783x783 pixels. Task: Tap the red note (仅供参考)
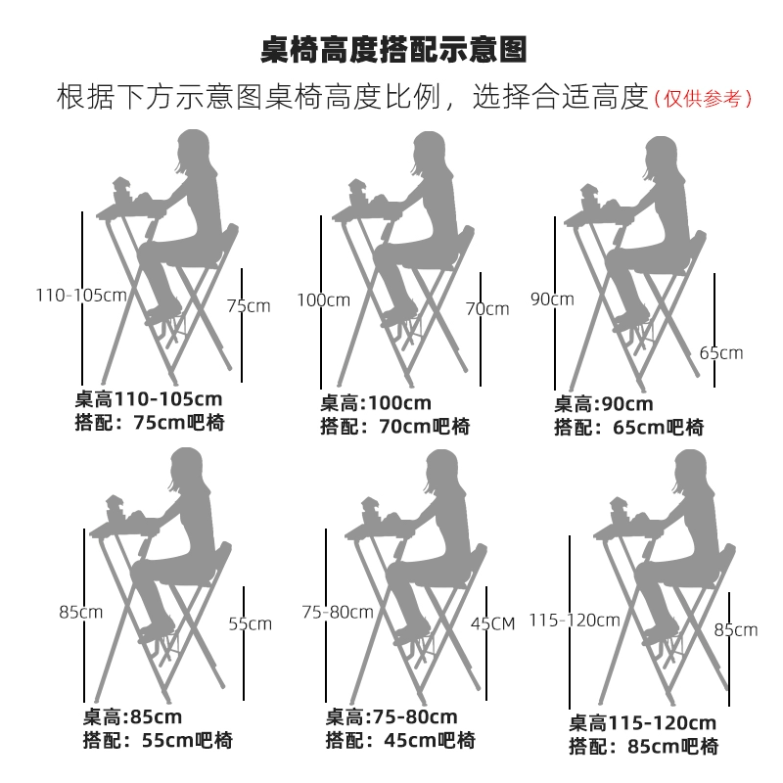(703, 98)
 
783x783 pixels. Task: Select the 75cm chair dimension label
(249, 305)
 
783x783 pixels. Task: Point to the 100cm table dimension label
(323, 299)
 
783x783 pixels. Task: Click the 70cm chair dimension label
(486, 309)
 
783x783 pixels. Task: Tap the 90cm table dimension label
(552, 299)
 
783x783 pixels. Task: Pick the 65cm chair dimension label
(721, 353)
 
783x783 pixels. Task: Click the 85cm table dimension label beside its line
(81, 613)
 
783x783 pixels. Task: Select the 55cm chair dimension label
(250, 623)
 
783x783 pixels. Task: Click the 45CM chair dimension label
(492, 623)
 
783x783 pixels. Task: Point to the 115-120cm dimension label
(575, 620)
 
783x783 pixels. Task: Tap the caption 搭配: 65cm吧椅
(628, 427)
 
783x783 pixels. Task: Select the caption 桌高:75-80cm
(391, 717)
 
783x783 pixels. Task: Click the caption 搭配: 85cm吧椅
(643, 747)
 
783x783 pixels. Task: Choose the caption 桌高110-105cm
(149, 399)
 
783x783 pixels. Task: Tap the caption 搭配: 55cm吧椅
(158, 741)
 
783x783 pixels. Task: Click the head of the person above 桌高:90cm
(662, 161)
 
